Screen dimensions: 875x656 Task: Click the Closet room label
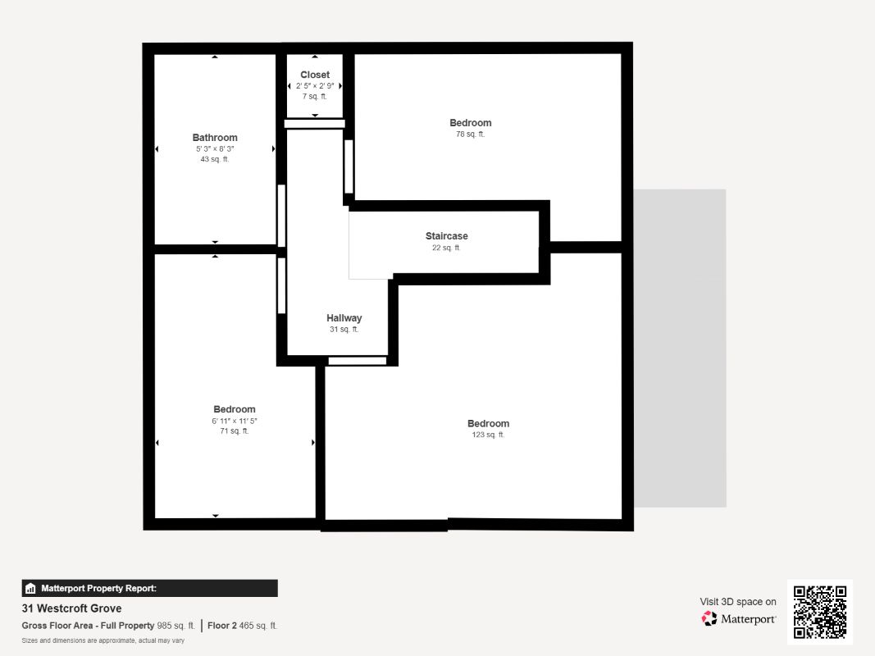315,75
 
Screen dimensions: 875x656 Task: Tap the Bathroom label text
215,138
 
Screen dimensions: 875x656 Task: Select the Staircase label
446,236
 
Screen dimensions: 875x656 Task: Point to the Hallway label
344,318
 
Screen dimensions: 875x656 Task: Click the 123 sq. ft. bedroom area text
488,435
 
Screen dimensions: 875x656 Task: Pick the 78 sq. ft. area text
471,134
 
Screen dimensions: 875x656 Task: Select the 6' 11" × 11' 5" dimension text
235,421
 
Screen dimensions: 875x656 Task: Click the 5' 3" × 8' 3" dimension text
215,149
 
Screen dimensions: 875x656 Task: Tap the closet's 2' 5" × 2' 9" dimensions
315,86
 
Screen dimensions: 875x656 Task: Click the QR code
820,612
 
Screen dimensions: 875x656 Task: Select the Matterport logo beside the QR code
738,618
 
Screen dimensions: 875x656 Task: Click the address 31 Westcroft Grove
71,608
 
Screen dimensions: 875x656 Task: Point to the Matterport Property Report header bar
149,589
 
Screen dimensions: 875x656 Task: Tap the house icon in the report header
30,589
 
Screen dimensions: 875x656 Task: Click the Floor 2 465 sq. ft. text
242,626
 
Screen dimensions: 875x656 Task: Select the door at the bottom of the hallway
358,361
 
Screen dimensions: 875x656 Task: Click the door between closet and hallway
315,124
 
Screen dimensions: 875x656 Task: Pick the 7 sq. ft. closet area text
315,97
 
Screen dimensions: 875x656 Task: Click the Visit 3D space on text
738,602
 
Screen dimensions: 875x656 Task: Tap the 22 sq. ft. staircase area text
446,248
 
